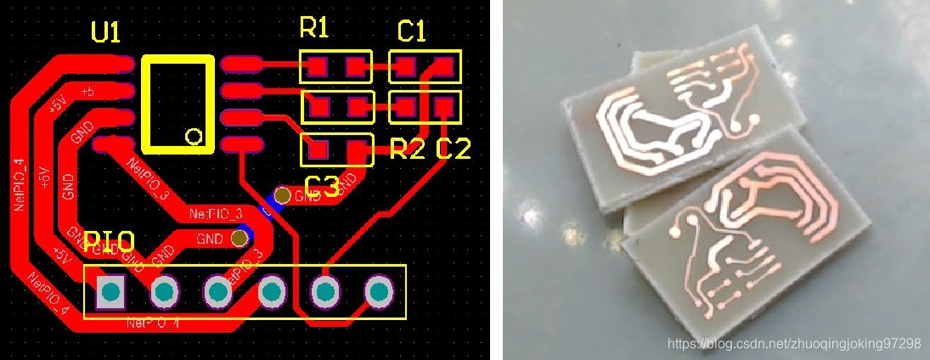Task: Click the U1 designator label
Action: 106,33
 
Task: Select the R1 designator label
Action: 313,29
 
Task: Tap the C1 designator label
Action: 412,31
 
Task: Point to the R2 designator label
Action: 407,150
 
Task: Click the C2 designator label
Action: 453,149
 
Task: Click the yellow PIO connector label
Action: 109,241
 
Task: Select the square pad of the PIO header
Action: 110,293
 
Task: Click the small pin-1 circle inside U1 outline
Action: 194,137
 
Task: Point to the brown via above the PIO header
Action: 241,239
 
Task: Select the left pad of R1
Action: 318,65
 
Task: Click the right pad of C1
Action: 442,65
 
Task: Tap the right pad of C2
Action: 443,107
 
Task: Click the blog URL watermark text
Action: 794,344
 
